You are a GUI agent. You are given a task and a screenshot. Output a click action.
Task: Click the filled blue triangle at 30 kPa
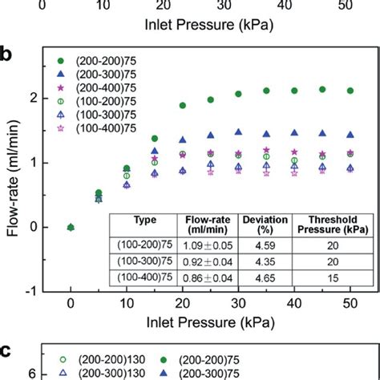click(238, 131)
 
